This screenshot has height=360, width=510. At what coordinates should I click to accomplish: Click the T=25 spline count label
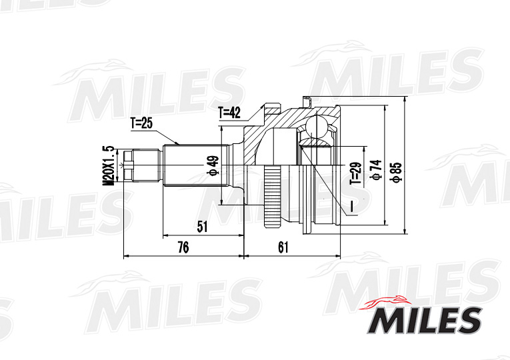[x=141, y=123]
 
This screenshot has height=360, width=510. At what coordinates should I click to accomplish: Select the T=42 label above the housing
[x=229, y=113]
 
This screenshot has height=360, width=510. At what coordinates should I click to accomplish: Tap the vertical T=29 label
[x=355, y=172]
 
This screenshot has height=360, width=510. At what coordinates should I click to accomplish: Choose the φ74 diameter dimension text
[x=376, y=171]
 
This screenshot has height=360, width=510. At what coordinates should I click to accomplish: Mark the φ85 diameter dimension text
[x=396, y=170]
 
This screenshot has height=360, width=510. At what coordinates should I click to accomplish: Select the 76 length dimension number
[x=183, y=247]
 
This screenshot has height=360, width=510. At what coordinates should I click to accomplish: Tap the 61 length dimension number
[x=283, y=247]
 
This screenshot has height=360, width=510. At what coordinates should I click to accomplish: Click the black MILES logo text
[x=424, y=320]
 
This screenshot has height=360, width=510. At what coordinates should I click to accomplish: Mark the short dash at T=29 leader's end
[x=351, y=208]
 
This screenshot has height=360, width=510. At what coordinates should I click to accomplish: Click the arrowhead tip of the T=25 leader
[x=178, y=144]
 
